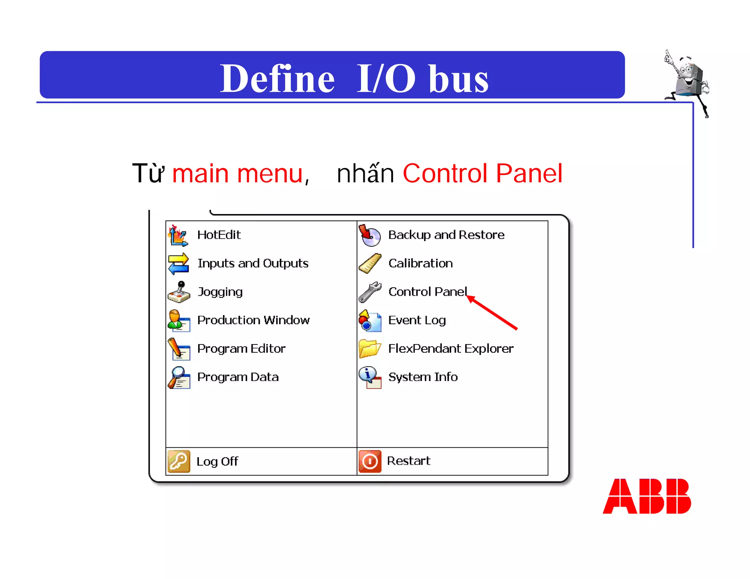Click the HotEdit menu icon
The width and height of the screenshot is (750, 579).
tap(178, 235)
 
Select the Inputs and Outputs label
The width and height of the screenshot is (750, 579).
tap(253, 263)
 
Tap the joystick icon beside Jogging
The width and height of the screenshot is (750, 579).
tap(179, 292)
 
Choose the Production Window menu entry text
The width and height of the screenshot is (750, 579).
tap(253, 320)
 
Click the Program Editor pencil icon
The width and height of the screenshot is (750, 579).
tap(179, 348)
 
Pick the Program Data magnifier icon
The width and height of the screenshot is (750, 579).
tap(179, 377)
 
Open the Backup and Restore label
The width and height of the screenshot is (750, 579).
tap(446, 235)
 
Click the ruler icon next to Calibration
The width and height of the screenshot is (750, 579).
tap(370, 263)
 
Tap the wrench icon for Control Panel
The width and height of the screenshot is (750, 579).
tap(370, 292)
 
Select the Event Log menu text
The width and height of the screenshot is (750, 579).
tap(417, 320)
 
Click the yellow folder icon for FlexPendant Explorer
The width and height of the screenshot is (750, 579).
tap(370, 348)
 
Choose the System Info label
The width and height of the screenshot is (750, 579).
tap(423, 377)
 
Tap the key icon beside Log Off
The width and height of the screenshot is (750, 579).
tap(179, 461)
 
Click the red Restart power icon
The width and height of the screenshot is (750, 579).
tap(370, 461)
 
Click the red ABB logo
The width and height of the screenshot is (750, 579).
tap(647, 496)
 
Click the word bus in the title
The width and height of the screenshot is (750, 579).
tap(458, 78)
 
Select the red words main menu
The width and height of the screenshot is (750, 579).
tap(238, 173)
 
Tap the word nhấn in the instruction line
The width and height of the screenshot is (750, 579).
tap(365, 173)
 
